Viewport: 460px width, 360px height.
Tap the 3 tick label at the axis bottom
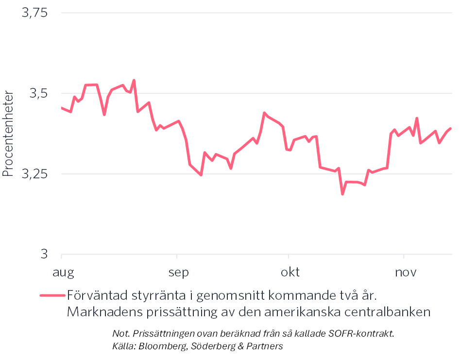[x=44, y=254]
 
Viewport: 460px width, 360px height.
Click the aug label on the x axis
[x=63, y=272]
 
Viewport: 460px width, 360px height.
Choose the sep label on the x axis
[x=178, y=272]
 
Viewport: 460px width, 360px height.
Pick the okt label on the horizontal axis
[x=290, y=272]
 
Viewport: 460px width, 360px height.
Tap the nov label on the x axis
[x=406, y=272]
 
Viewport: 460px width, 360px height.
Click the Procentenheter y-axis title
[x=8, y=132]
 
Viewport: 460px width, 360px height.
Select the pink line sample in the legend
[x=52, y=295]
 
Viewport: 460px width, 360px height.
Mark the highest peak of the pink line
[x=134, y=80]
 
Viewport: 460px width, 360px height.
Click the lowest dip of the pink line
[x=342, y=194]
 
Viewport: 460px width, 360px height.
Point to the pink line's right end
[x=451, y=129]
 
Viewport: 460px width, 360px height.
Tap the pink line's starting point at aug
[x=62, y=107]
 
